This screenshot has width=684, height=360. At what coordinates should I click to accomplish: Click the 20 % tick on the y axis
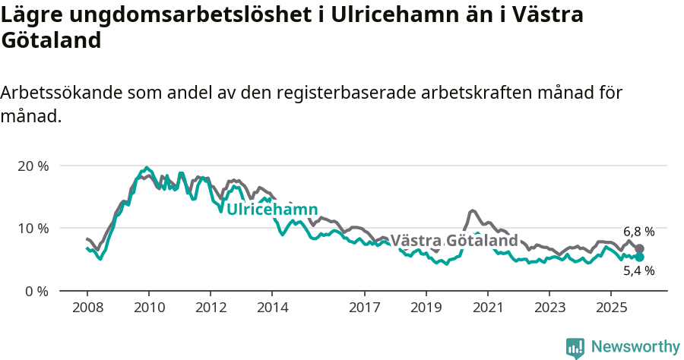[x=32, y=166]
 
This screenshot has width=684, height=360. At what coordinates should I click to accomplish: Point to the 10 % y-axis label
[x=32, y=228]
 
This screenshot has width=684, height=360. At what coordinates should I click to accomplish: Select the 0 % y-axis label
[x=36, y=291]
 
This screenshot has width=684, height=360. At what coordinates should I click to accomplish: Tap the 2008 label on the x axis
[x=87, y=308]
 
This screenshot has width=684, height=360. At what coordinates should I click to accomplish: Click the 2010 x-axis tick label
[x=149, y=308]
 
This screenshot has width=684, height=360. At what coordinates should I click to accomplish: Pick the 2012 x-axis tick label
[x=211, y=308]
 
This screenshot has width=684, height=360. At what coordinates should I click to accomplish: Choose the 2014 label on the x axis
[x=272, y=308]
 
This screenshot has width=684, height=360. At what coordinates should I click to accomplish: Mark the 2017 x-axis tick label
[x=365, y=308]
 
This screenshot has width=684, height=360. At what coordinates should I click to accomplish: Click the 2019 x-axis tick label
[x=426, y=308]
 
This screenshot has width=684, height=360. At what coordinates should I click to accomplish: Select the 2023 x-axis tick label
[x=549, y=308]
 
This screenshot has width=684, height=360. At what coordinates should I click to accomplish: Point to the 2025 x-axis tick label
[x=611, y=308]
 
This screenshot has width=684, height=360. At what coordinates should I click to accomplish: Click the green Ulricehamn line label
[x=272, y=210]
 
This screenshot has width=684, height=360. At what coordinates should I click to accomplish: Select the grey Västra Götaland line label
[x=454, y=241]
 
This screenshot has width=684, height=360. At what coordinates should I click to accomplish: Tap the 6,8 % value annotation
[x=638, y=232]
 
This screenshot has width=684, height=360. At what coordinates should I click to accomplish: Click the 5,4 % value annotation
[x=638, y=270]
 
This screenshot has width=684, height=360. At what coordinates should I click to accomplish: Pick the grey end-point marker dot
[x=639, y=248]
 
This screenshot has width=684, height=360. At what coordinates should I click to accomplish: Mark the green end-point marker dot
[x=639, y=257]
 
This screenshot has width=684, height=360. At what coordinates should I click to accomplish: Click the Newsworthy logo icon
[x=575, y=348]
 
